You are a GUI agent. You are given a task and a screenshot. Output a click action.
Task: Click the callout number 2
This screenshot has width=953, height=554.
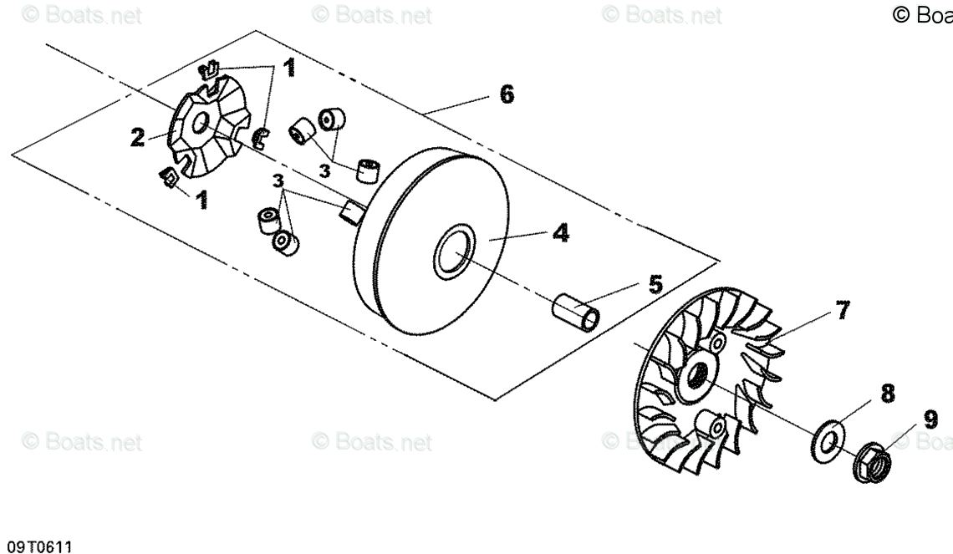coord(138,137)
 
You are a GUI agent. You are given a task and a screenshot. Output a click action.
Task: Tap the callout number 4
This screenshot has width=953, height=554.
coord(561,233)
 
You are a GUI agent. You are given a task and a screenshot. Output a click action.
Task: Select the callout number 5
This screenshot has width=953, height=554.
coord(656,285)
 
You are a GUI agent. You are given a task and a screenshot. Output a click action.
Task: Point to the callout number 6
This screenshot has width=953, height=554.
coord(507,94)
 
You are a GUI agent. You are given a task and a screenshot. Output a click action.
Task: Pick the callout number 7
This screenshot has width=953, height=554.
coord(842,312)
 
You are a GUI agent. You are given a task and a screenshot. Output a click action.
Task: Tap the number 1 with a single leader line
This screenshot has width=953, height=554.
coord(201,201)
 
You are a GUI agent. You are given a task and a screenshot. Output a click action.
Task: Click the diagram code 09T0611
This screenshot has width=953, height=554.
coord(39,546)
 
